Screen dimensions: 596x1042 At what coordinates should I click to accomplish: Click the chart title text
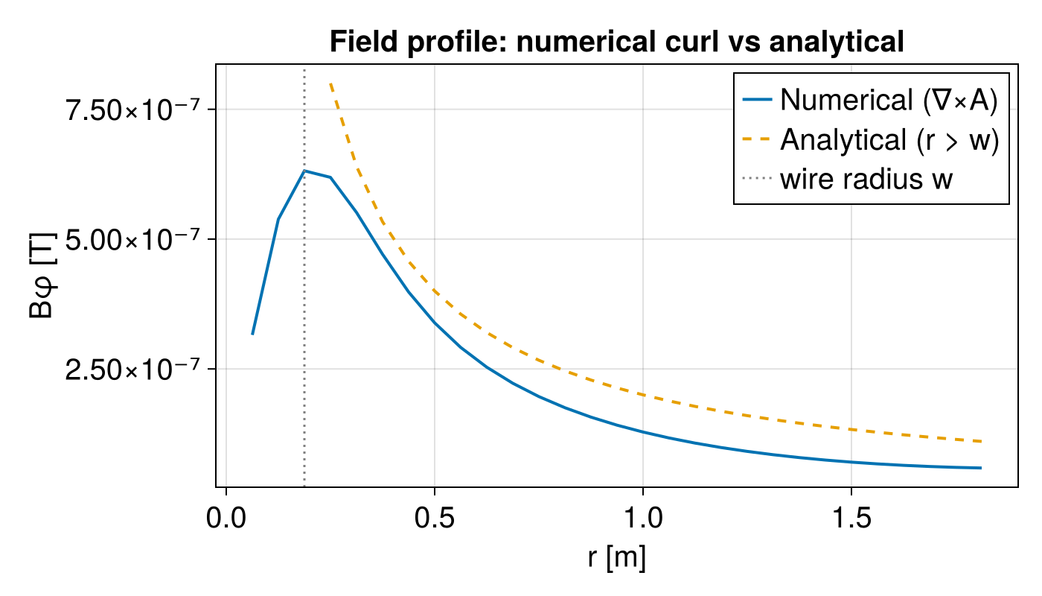click(616, 43)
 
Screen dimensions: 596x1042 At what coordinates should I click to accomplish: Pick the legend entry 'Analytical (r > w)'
click(888, 140)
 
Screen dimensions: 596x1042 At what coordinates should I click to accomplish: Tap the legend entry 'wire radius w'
click(866, 180)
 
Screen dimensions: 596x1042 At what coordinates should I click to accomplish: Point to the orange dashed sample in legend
click(758, 140)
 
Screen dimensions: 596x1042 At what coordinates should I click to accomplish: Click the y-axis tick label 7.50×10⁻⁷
click(135, 110)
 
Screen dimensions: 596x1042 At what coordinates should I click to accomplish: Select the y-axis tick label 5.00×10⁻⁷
click(135, 239)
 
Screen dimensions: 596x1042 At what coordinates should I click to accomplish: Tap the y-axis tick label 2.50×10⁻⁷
click(135, 369)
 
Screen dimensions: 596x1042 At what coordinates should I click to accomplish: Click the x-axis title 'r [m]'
click(616, 557)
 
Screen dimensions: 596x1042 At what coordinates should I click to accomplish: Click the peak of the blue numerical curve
click(304, 171)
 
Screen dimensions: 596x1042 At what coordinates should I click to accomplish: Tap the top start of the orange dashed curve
click(330, 84)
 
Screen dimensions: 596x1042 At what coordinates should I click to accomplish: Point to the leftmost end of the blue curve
click(252, 334)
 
